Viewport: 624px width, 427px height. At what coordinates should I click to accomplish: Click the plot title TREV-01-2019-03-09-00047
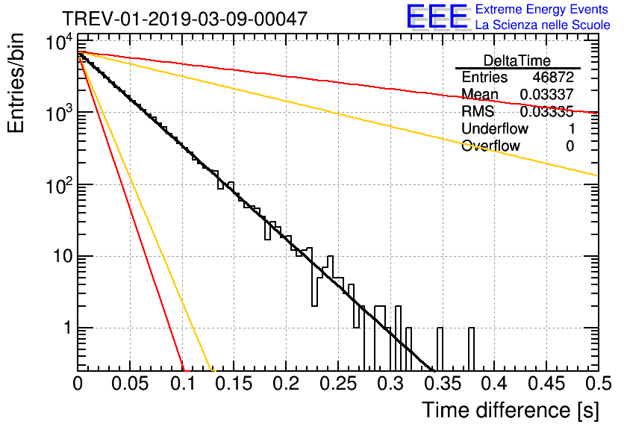point(184,19)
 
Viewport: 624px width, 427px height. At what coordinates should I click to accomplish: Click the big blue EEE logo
point(436,18)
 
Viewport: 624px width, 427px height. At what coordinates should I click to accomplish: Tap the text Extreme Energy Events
point(543,10)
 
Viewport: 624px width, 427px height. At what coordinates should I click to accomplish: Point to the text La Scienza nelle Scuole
point(543,25)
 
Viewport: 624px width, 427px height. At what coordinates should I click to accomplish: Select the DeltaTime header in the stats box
point(517,60)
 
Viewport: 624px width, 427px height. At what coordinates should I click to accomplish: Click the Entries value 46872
point(553,78)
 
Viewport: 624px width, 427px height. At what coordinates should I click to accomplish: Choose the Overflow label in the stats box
point(490,146)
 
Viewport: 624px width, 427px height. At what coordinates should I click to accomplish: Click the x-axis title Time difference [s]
point(510,410)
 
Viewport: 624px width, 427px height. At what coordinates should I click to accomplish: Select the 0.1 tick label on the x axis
point(182,384)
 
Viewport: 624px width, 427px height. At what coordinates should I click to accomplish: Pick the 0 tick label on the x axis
point(78,384)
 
